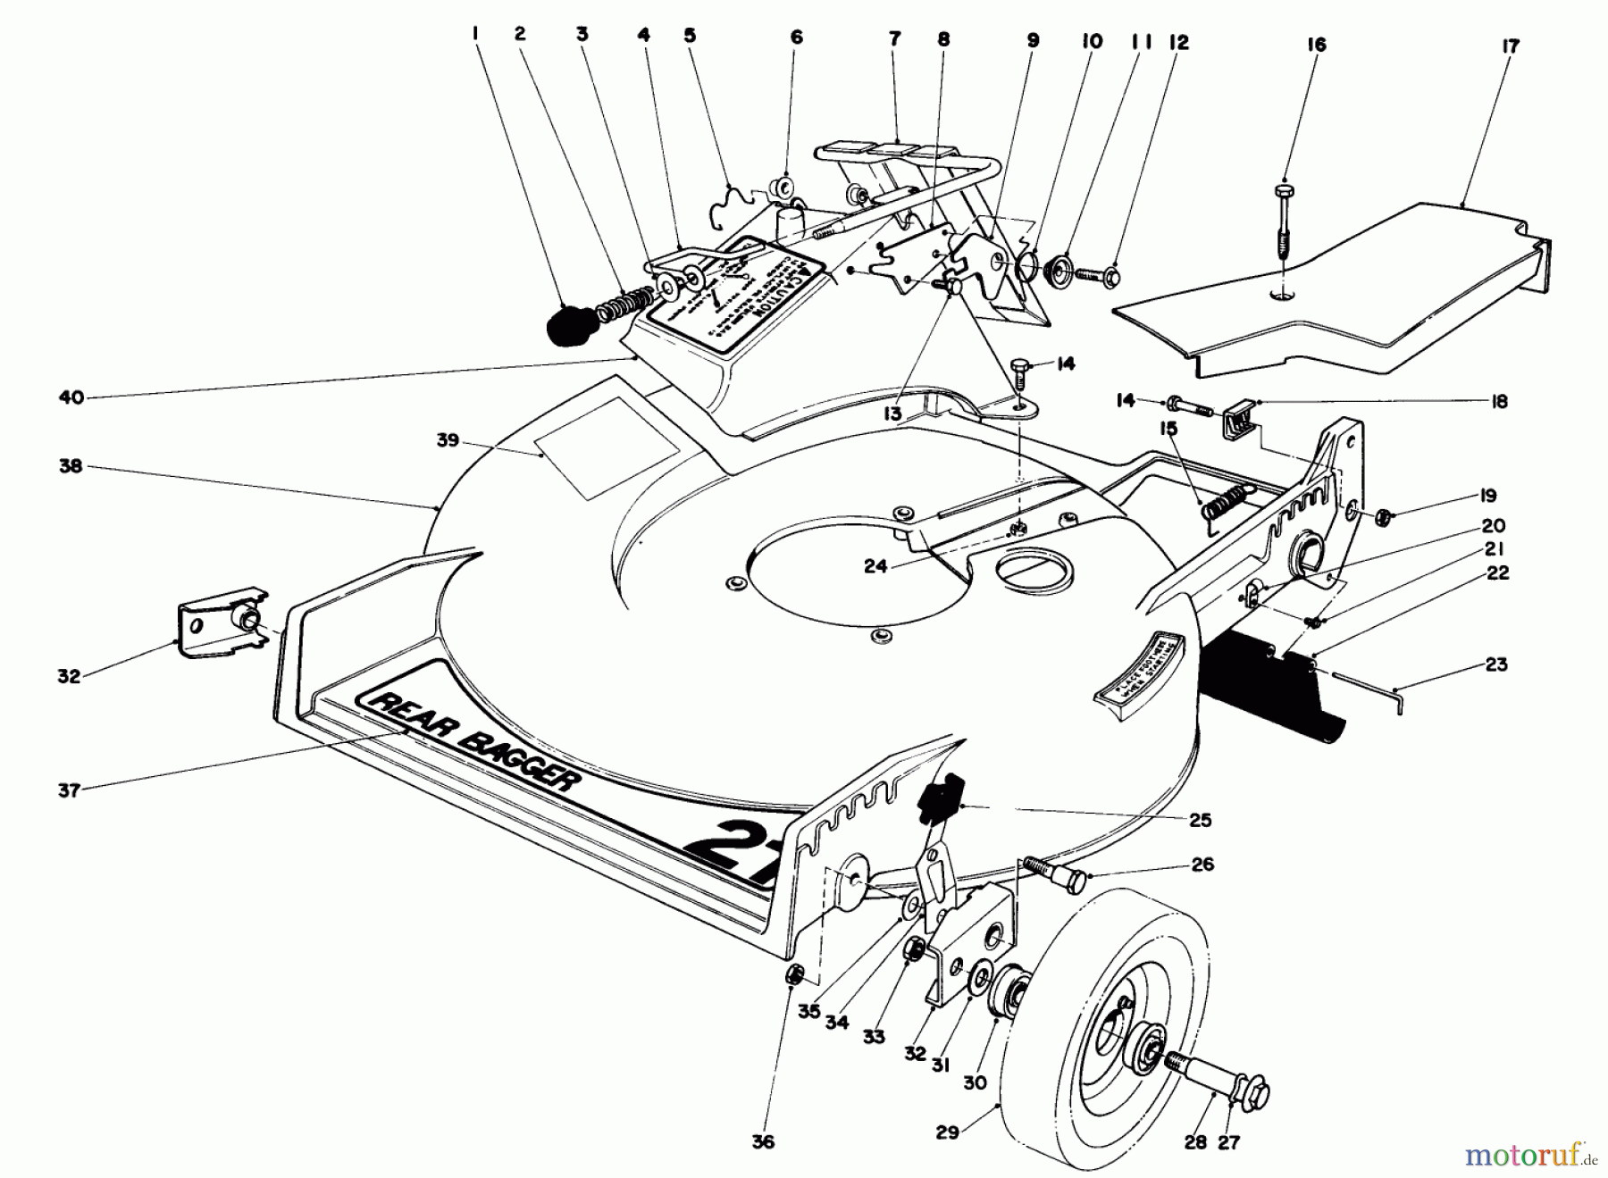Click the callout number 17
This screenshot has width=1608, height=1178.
click(1509, 46)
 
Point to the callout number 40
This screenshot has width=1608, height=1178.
click(71, 397)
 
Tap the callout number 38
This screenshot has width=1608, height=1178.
click(71, 466)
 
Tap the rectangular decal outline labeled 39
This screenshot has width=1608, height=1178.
click(607, 447)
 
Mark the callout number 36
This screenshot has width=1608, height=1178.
click(763, 1141)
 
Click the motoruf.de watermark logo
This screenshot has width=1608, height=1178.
click(1527, 1156)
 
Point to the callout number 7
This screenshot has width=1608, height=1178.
click(895, 38)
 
